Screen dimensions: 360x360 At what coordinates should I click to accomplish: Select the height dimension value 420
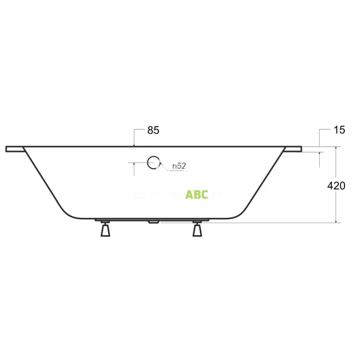click(336, 186)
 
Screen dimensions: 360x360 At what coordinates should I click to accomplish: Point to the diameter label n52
click(178, 165)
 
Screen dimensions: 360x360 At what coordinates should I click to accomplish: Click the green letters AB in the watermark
click(193, 194)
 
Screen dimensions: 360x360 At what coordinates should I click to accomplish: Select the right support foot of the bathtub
click(197, 230)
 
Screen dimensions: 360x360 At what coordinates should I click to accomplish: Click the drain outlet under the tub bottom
click(153, 221)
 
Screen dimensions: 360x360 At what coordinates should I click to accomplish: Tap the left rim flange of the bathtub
click(14, 148)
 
